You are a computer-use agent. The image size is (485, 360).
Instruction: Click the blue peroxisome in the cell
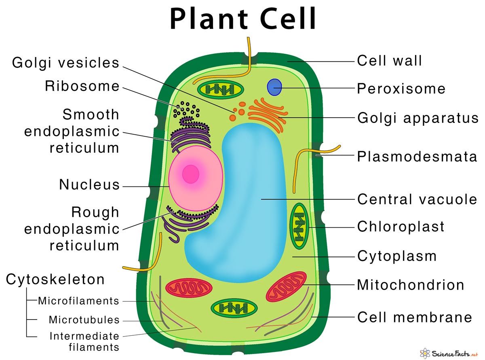pyautogui.click(x=274, y=87)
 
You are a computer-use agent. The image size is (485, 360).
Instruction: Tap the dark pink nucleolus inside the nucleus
pyautogui.click(x=191, y=174)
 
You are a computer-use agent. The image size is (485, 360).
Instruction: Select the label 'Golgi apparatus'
pyautogui.click(x=418, y=118)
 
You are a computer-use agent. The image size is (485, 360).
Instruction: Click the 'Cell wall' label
pyautogui.click(x=389, y=61)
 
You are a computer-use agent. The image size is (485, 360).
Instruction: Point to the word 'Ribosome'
pyautogui.click(x=82, y=86)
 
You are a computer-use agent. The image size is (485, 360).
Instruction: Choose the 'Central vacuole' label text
pyautogui.click(x=417, y=199)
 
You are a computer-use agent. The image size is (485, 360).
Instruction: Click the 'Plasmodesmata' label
pyautogui.click(x=417, y=157)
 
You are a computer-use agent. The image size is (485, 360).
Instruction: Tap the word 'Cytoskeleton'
pyautogui.click(x=55, y=279)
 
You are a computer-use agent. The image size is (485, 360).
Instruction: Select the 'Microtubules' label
pyautogui.click(x=84, y=320)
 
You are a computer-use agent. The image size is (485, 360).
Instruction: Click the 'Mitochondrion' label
pyautogui.click(x=411, y=285)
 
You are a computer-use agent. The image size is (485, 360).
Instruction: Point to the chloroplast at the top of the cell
pyautogui.click(x=220, y=89)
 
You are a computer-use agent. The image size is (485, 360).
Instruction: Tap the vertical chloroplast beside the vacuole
pyautogui.click(x=299, y=226)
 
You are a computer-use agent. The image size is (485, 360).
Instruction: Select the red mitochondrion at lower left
pyautogui.click(x=189, y=288)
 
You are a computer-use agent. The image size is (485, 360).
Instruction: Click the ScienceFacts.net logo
pyautogui.click(x=449, y=353)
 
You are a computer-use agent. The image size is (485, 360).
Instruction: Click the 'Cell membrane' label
pyautogui.click(x=415, y=317)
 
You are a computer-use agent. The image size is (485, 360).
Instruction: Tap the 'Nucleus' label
pyautogui.click(x=89, y=184)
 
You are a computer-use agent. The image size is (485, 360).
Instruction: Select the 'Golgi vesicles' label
pyautogui.click(x=65, y=63)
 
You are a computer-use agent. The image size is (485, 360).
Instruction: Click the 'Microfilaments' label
pyautogui.click(x=79, y=301)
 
